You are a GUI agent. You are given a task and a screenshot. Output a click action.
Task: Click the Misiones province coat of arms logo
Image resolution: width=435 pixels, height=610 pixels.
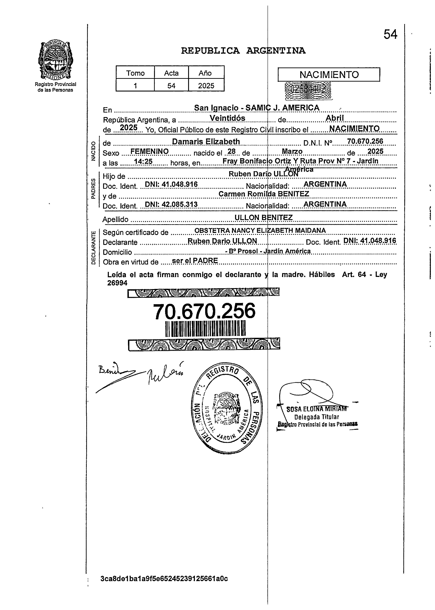[x=55, y=61]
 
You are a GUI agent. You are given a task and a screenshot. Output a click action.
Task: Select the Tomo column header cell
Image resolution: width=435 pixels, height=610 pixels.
[x=135, y=73]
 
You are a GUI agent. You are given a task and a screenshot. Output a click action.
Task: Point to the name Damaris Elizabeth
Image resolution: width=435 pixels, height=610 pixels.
[x=206, y=141]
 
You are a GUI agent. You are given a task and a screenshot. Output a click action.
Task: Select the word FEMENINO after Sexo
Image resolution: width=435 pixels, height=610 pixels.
[x=150, y=151]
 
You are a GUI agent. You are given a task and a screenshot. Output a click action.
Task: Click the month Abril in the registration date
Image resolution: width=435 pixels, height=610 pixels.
[x=335, y=118]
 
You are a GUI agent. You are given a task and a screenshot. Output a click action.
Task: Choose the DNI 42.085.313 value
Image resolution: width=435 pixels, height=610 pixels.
[x=171, y=204]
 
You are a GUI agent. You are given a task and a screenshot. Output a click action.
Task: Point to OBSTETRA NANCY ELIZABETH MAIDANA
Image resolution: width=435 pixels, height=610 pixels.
[x=260, y=230]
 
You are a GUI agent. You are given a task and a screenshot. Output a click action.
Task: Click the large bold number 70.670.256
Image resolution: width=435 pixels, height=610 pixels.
[x=204, y=311]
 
